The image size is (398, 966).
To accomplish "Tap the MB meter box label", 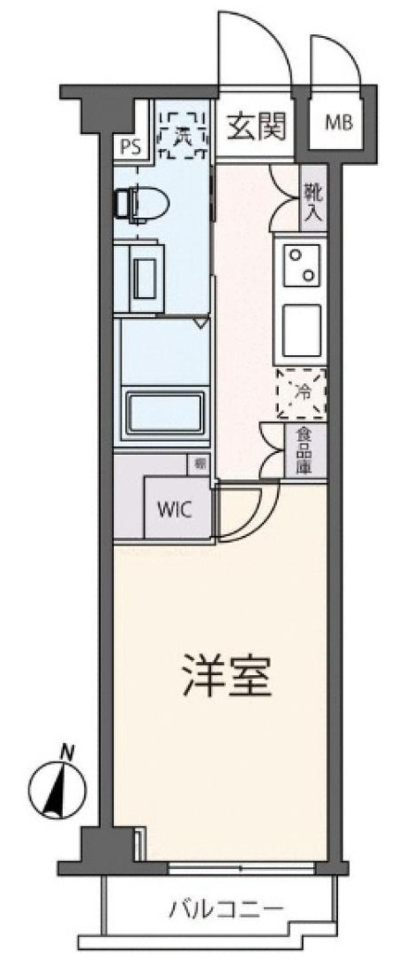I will pyautogui.click(x=338, y=123).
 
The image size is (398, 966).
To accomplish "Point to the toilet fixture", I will pyautogui.click(x=140, y=203).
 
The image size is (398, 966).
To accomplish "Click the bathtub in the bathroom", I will pyautogui.click(x=164, y=411).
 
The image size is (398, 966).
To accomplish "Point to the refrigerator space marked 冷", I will pyautogui.click(x=301, y=394).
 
